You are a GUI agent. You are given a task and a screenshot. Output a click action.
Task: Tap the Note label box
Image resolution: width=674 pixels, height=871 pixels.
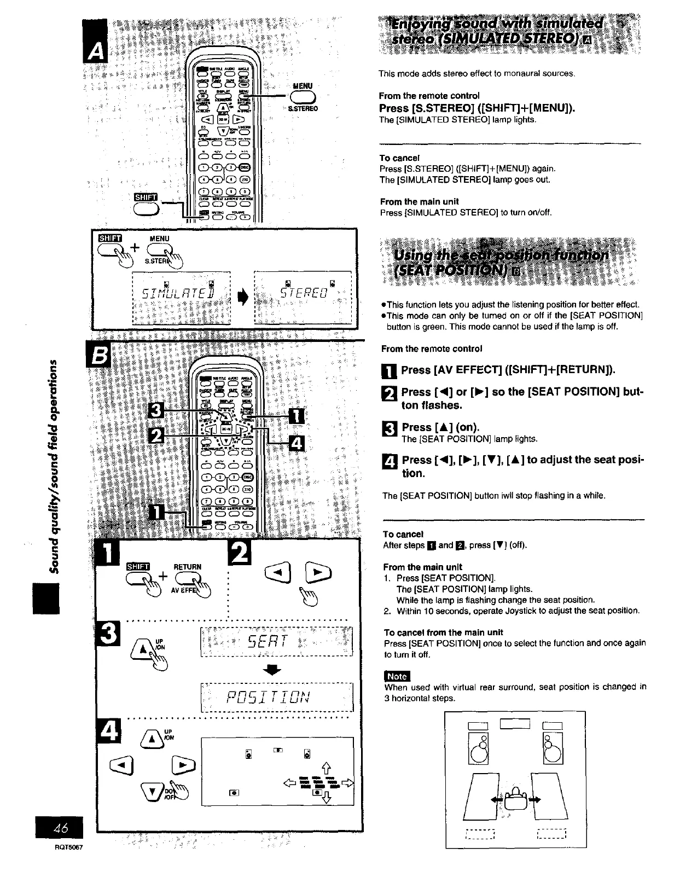coord(397,676)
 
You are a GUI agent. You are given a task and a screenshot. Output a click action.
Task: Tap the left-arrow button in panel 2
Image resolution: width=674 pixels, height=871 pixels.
coord(274,573)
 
